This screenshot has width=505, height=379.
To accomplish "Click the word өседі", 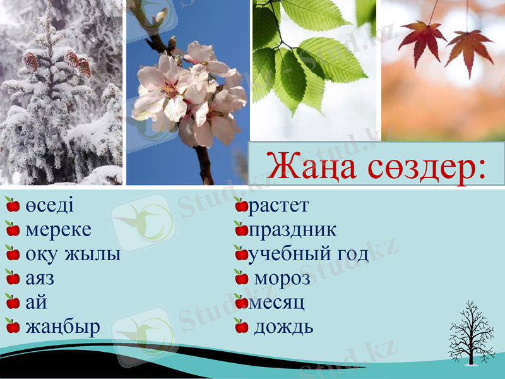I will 49,206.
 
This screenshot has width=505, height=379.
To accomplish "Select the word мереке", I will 58,230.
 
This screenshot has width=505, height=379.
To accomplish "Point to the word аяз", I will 40,279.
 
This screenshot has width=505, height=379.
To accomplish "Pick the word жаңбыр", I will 62,328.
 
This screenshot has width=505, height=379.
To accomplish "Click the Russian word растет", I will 278,206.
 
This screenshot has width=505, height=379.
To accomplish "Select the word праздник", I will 292,230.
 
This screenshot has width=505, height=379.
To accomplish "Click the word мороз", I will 282,279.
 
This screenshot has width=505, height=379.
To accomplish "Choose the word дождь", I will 283,327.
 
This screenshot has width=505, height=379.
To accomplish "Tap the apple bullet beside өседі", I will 13,205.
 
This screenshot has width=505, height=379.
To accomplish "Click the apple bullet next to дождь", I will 241,327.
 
